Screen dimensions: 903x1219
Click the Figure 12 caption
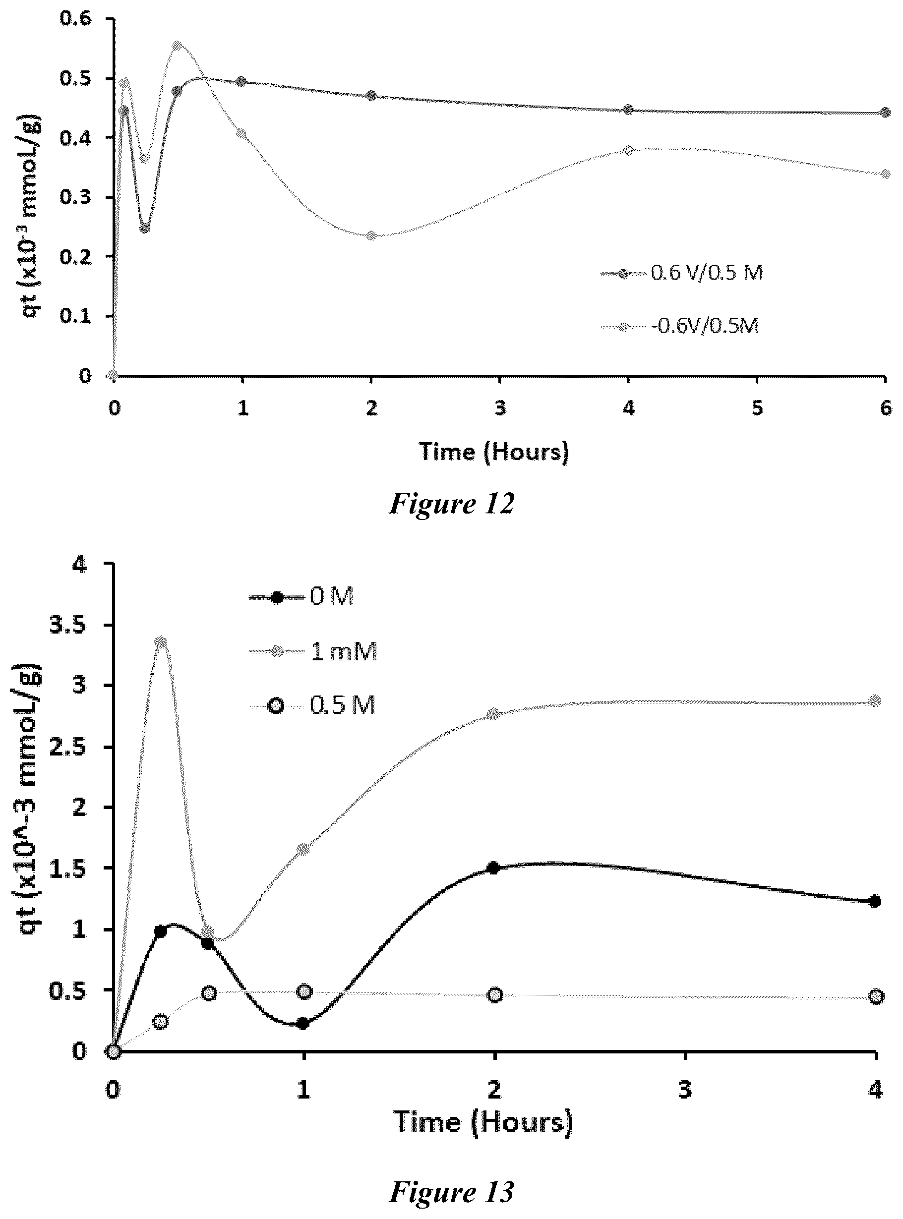point(451,503)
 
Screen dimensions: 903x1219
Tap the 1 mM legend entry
point(313,652)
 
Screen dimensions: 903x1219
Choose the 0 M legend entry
point(301,597)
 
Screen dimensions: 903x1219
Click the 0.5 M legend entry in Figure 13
point(312,706)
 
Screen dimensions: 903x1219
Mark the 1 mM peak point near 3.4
point(161,642)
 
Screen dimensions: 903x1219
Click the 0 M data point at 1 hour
point(303,1023)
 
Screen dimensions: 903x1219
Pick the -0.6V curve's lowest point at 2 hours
point(372,235)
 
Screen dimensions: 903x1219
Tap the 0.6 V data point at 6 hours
point(886,113)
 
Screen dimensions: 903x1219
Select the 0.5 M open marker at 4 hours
point(876,996)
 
